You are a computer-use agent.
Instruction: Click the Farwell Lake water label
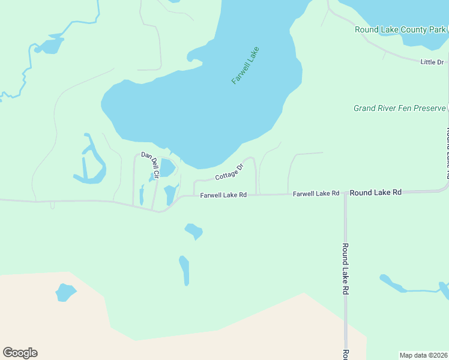pos(245,65)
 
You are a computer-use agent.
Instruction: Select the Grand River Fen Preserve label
pos(400,108)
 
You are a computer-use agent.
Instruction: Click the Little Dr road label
pos(432,62)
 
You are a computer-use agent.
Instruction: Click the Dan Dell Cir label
pos(150,164)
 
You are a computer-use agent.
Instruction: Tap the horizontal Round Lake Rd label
pos(375,193)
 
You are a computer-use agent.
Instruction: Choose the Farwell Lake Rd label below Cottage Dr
pos(223,195)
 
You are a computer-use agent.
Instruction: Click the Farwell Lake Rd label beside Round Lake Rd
pos(316,193)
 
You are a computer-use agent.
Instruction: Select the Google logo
pos(20,353)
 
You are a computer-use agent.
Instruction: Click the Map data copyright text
pos(423,355)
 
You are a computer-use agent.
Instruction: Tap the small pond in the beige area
pos(65,292)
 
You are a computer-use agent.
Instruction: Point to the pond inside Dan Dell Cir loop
pos(167,167)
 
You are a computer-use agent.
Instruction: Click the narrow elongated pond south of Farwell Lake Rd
pos(184,270)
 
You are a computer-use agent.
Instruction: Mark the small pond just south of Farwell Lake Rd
pos(194,230)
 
